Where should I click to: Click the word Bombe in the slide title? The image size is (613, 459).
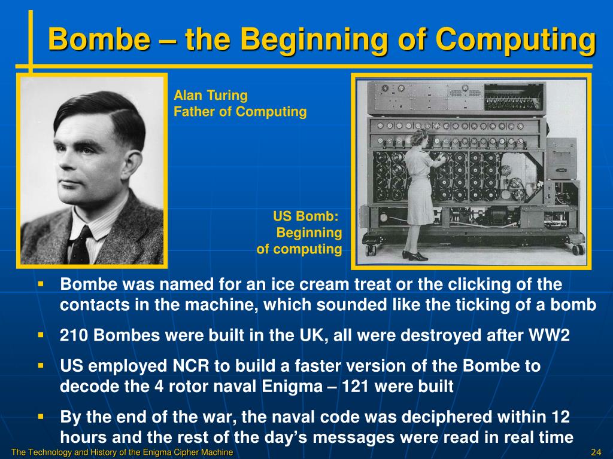pos(99,39)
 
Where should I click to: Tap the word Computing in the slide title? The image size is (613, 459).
pos(515,40)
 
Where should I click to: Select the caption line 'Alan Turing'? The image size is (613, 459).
pos(210,95)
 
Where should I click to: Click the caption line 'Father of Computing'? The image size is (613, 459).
pos(240,112)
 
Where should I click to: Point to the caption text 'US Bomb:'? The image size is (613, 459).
pos(306,216)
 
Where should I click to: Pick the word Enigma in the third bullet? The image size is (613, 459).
pos(292,387)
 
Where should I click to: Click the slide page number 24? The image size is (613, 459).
pos(596,452)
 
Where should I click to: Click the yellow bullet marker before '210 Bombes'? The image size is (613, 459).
pos(41,335)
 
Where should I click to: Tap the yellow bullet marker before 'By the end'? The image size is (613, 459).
pos(41,417)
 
